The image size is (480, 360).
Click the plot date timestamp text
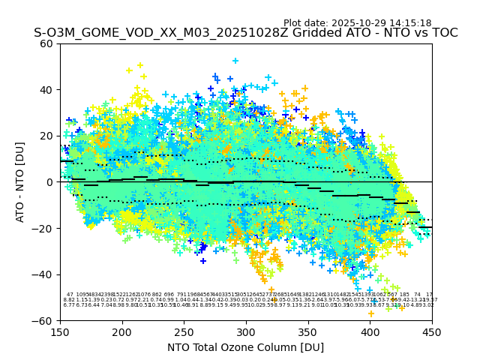[x=357, y=23]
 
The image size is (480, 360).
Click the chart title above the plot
[x=245, y=33]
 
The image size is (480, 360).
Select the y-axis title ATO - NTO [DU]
[x=20, y=181]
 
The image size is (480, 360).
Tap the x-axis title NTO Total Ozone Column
[x=245, y=347]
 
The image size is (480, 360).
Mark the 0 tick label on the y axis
[x=50, y=182]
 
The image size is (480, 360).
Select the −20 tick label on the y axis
[x=44, y=228]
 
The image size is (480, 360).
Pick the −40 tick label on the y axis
[x=44, y=274]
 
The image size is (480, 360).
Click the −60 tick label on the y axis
[x=44, y=320]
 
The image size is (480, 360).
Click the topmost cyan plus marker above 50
[x=235, y=61]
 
